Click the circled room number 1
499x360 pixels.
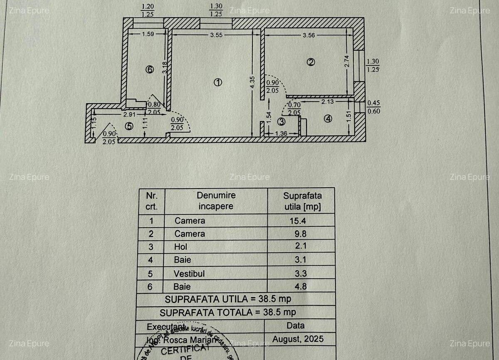tap(217, 82)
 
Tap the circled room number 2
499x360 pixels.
tap(311, 62)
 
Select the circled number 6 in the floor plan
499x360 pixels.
tap(150, 70)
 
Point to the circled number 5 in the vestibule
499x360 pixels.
tap(129, 126)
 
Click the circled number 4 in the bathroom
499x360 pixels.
tap(329, 119)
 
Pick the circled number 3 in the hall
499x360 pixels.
tap(282, 122)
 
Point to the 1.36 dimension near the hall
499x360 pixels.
tap(281, 134)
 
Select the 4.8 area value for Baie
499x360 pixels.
tap(301, 286)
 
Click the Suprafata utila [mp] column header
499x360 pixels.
tap(302, 201)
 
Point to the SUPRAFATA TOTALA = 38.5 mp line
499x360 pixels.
tap(228, 312)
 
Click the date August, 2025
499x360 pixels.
tap(298, 339)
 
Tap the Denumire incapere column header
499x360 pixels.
tap(216, 201)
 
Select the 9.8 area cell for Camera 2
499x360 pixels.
tap(301, 233)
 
